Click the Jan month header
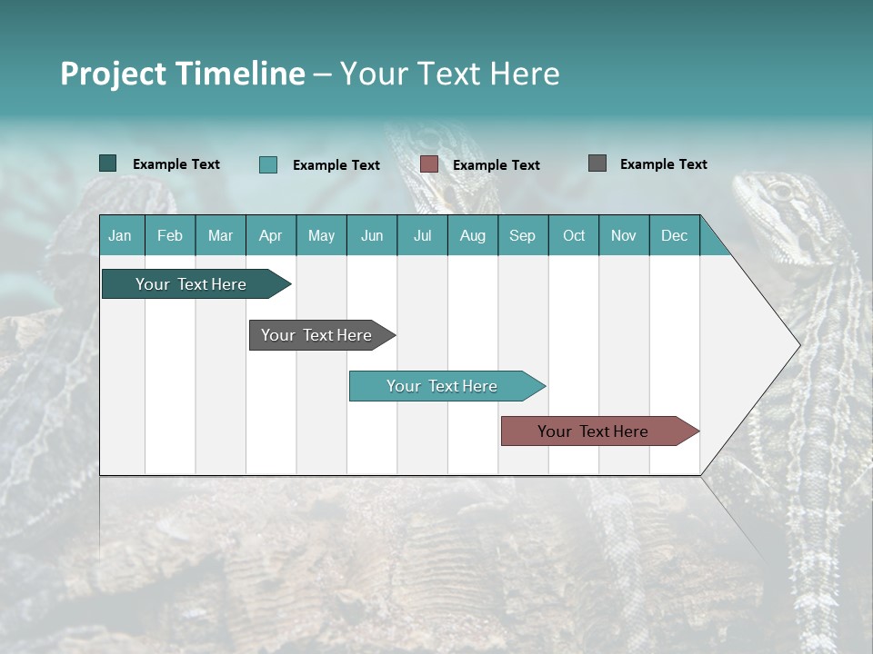coord(120,235)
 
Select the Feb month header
coord(170,235)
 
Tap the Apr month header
coord(270,235)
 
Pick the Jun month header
coord(372,235)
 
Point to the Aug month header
coord(472,235)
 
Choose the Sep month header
coord(522,235)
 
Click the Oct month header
coord(574,235)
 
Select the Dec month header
coord(674,235)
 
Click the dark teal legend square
coord(107,163)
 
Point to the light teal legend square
coord(267,164)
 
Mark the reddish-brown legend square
coord(429,164)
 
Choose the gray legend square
coord(597,163)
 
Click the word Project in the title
coord(114,74)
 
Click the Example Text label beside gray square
coord(663,164)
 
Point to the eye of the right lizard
coord(780,192)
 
